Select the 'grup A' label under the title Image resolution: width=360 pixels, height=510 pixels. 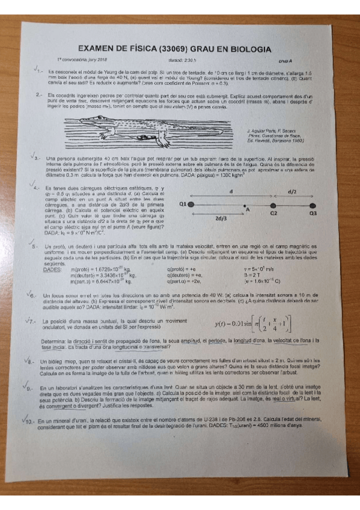tap(284, 61)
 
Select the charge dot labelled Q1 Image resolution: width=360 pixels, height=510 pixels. tap(191, 205)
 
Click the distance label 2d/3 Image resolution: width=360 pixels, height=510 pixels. tap(220, 218)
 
